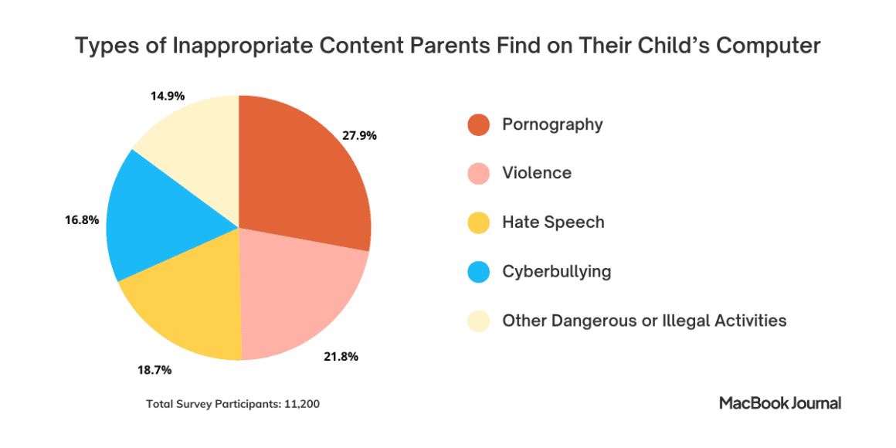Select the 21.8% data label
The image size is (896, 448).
tap(341, 357)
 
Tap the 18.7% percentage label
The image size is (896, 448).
tap(154, 370)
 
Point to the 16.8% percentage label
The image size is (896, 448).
tap(82, 220)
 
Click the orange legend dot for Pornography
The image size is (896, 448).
tap(479, 124)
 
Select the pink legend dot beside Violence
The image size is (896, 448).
tap(479, 174)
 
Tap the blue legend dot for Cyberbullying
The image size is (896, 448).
tap(479, 272)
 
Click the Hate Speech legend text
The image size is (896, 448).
tap(553, 222)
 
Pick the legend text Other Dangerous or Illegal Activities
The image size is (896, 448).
tap(644, 320)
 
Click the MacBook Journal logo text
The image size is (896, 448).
tap(780, 402)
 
